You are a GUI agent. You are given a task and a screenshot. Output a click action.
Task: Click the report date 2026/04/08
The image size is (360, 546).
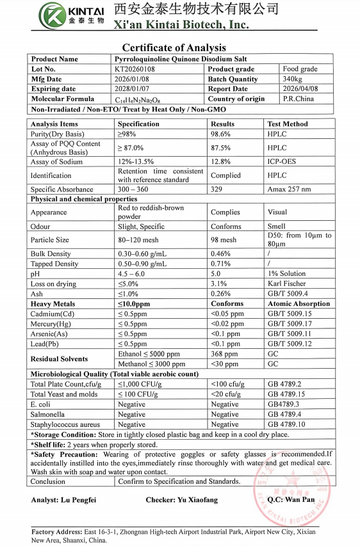pos(300,89)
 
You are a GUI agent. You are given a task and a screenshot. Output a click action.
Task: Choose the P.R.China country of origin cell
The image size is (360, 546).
pos(299,99)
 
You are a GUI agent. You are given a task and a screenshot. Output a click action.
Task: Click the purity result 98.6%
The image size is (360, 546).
pos(222,134)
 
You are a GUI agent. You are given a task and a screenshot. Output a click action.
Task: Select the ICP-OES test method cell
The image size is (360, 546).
pos(282,162)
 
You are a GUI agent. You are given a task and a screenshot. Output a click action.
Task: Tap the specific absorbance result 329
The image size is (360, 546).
pos(217,189)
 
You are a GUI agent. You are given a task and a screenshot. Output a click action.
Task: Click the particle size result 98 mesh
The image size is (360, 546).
pos(224,240)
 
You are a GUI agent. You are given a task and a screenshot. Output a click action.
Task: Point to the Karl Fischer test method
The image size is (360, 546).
pos(286,284)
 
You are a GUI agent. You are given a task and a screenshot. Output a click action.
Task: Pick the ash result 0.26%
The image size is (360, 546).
pos(221,294)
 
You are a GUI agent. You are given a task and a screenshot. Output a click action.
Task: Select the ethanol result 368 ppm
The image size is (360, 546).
pos(224,354)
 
